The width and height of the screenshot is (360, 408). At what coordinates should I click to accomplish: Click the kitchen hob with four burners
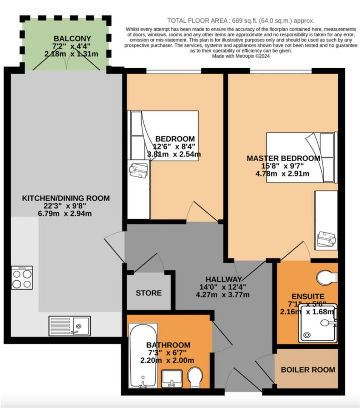22,278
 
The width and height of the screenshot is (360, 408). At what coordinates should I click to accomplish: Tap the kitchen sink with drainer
70,326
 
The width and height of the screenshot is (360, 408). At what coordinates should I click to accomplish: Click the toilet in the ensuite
327,278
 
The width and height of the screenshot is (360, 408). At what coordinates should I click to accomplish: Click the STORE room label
148,293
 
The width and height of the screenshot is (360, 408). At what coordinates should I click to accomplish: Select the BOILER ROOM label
308,369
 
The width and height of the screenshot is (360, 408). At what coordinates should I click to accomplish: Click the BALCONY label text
67,38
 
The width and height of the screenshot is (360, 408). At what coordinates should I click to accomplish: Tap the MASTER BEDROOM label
283,158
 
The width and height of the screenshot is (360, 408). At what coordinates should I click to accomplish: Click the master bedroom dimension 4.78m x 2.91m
283,174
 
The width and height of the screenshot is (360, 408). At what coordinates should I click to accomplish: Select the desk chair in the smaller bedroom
138,171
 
